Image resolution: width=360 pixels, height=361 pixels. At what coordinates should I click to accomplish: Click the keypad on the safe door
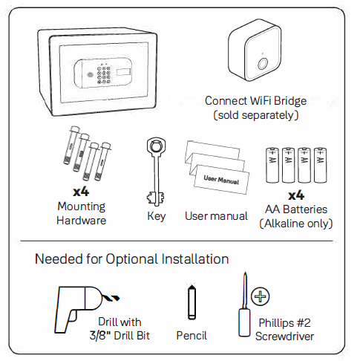point(104,74)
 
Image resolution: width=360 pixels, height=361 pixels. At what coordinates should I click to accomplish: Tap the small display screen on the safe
point(123,72)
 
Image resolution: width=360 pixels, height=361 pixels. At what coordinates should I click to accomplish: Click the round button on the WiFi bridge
point(262,64)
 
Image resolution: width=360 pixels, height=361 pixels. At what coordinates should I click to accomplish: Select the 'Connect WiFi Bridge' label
point(255,101)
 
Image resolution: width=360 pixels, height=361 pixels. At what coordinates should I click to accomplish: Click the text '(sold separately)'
point(256,115)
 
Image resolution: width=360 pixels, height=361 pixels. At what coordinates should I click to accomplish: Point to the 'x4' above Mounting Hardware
point(81,192)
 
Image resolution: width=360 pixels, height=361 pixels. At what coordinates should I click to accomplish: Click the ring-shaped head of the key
point(155,146)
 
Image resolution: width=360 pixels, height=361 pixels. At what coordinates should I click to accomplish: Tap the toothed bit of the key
point(155,198)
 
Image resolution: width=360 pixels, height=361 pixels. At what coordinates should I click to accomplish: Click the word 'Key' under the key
point(157,216)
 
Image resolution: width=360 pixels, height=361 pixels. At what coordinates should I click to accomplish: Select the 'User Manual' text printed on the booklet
point(221,180)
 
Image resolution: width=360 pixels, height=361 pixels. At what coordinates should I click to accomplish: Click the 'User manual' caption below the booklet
point(216,216)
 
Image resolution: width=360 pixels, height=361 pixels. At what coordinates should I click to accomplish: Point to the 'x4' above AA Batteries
point(296,195)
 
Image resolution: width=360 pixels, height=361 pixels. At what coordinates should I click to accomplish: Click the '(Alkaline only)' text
point(296,224)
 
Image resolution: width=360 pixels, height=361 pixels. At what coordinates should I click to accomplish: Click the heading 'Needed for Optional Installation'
point(131,259)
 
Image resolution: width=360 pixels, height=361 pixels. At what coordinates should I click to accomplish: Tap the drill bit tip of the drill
point(111,296)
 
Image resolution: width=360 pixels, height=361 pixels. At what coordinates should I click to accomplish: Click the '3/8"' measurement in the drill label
point(100,336)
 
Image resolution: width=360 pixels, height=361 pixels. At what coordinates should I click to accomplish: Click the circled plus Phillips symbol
point(260,296)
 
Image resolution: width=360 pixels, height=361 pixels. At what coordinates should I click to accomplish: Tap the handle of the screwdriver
point(244,322)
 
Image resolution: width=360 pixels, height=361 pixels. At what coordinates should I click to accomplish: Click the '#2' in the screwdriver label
point(304,323)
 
